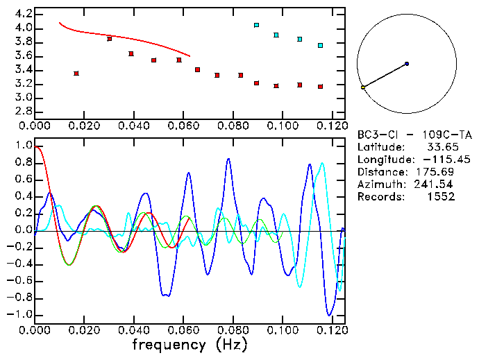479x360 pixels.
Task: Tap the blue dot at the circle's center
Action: click(x=407, y=64)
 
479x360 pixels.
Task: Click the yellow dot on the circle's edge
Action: click(x=363, y=87)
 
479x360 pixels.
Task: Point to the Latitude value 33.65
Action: click(x=440, y=147)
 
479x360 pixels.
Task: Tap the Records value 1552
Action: click(x=442, y=197)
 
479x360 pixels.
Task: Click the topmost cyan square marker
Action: click(x=257, y=25)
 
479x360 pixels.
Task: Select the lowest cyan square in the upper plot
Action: click(x=320, y=46)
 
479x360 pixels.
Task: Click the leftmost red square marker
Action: click(x=76, y=74)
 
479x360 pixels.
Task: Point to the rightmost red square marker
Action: click(x=320, y=87)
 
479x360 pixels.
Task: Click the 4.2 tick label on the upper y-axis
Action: click(x=23, y=14)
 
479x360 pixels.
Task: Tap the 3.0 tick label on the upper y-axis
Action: click(x=23, y=98)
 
